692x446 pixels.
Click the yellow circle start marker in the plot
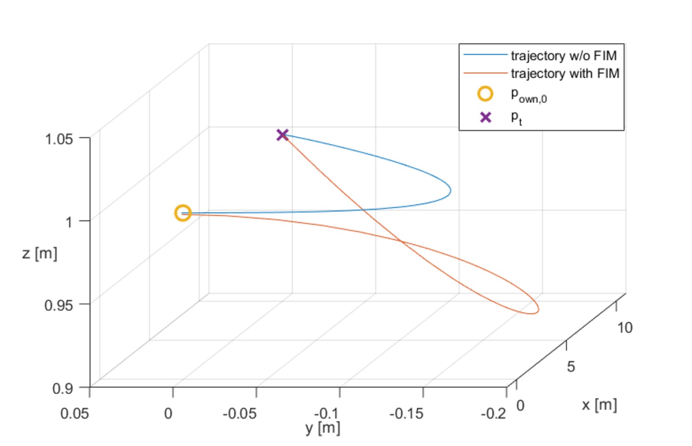click(183, 213)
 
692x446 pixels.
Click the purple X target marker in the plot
click(282, 135)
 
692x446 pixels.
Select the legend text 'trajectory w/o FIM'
click(564, 56)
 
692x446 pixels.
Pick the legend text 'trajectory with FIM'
click(565, 74)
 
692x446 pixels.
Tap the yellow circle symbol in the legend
click(485, 94)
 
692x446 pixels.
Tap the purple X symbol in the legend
click(486, 117)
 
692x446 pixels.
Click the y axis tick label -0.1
click(326, 414)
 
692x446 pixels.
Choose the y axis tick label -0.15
click(406, 414)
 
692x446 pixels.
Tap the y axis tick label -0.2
click(493, 414)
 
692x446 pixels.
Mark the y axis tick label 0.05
click(75, 414)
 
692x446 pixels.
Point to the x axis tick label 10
click(625, 328)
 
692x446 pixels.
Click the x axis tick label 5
click(571, 367)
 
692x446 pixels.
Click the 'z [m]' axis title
click(39, 253)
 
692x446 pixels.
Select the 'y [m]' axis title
click(322, 428)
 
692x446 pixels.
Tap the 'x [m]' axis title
click(599, 405)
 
